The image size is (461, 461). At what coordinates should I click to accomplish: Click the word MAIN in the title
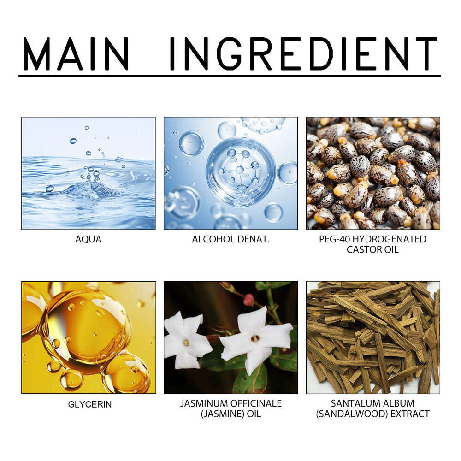pos(76,53)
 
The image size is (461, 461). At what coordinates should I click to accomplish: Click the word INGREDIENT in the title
pos(304,53)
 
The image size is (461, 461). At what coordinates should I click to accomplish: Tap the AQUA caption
pos(89,239)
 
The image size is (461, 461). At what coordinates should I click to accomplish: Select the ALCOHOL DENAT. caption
pos(231,239)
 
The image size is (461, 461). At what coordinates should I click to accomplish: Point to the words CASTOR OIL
pos(372,249)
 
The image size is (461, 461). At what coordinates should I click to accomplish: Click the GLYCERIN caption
pos(90,404)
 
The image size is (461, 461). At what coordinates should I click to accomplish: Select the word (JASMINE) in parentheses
pos(223,414)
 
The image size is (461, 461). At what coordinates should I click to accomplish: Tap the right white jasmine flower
pos(255,340)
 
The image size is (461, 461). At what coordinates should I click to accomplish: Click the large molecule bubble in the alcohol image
pos(241,172)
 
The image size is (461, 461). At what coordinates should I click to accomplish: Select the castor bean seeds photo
pos(373,173)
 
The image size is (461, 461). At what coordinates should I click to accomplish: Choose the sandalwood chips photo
pos(373,337)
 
